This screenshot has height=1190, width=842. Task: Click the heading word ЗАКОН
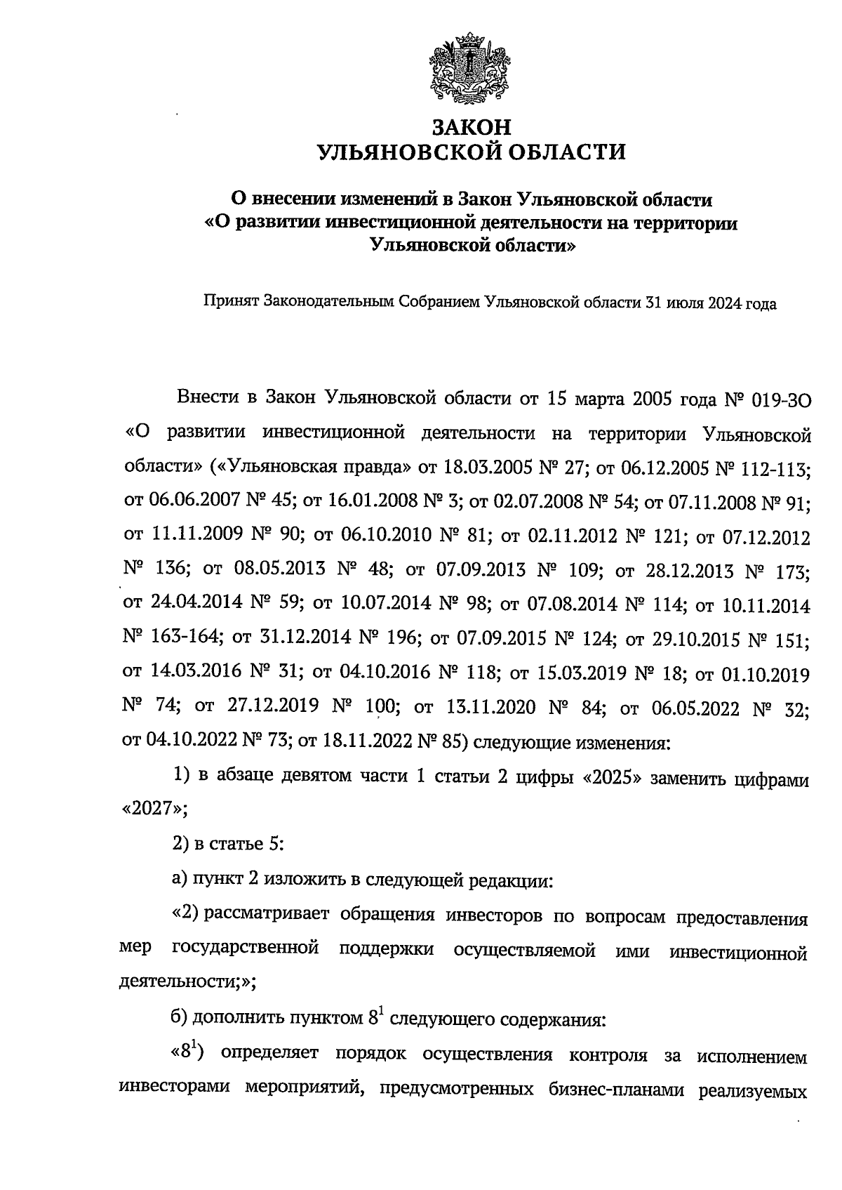click(x=471, y=128)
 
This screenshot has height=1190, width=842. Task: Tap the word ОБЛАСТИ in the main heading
click(x=556, y=152)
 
